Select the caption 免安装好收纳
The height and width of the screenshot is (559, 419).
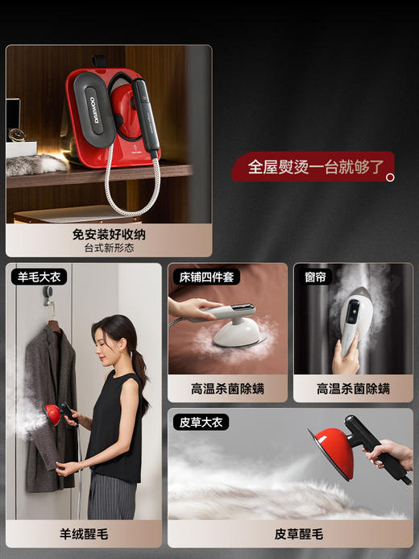pos(109,234)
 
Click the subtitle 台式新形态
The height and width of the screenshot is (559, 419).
pos(109,248)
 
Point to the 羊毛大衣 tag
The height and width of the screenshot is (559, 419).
pos(38,277)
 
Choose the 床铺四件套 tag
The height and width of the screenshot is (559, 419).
pos(205,277)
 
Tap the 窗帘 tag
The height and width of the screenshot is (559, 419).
pos(315,277)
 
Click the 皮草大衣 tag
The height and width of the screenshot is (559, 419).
pos(201,422)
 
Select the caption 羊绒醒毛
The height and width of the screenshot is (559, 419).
pos(83,533)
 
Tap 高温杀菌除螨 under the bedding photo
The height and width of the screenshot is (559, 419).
pos(227,388)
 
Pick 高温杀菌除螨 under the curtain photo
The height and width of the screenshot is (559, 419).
pos(353,388)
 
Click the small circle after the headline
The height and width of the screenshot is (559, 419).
pos(390,177)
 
